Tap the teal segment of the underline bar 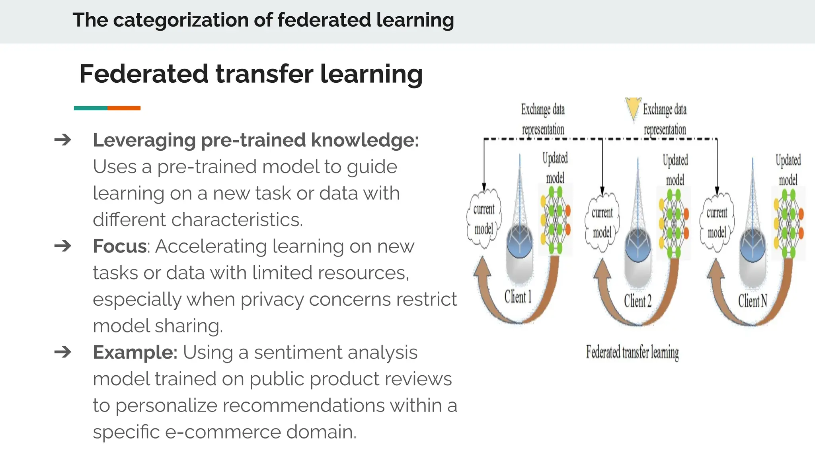click(90, 108)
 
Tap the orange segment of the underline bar click(124, 108)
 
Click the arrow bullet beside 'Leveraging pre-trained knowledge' click(63, 140)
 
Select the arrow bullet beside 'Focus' click(63, 246)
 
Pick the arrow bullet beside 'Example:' click(63, 352)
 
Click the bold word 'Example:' click(135, 352)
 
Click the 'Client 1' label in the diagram click(518, 297)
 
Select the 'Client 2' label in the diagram click(638, 301)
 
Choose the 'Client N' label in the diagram click(753, 301)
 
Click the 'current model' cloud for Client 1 click(484, 219)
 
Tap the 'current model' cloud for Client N click(717, 222)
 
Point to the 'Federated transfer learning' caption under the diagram click(632, 352)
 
